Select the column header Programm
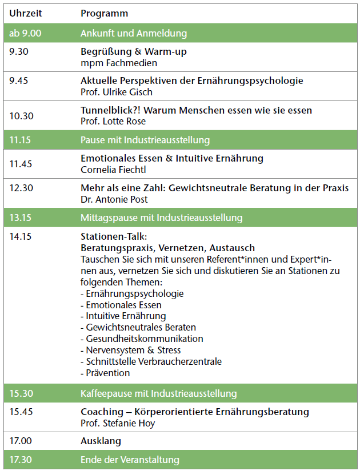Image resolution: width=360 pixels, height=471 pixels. click(104, 13)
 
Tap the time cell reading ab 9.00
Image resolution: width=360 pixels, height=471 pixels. click(25, 34)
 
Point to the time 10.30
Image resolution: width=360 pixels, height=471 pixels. click(21, 115)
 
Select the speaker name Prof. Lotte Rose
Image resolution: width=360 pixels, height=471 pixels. click(113, 121)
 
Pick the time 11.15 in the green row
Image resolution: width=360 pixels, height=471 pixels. click(21, 140)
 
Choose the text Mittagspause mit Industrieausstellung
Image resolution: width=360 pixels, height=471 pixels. click(162, 218)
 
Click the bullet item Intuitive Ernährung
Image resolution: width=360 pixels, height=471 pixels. click(123, 316)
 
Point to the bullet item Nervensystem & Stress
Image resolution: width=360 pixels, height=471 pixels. click(131, 350)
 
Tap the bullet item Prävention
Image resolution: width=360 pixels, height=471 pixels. click(105, 373)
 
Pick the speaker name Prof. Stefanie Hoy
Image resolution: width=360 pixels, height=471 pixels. click(117, 423)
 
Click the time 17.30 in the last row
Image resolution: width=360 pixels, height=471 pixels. click(21, 460)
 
